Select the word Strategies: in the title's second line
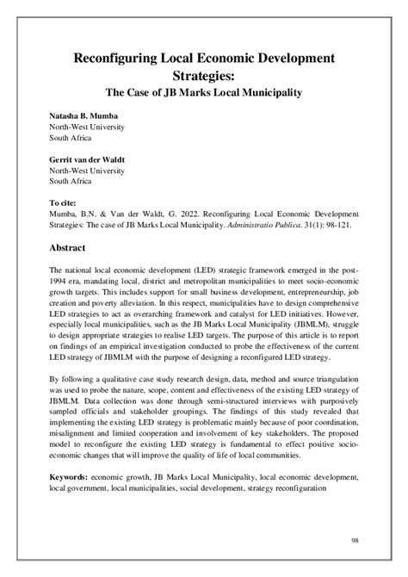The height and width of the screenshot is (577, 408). coord(203,77)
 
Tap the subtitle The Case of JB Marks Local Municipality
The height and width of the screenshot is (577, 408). coord(203,94)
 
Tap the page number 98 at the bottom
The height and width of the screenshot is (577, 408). coord(355,539)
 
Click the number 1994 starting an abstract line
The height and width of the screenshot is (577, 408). coord(61,282)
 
